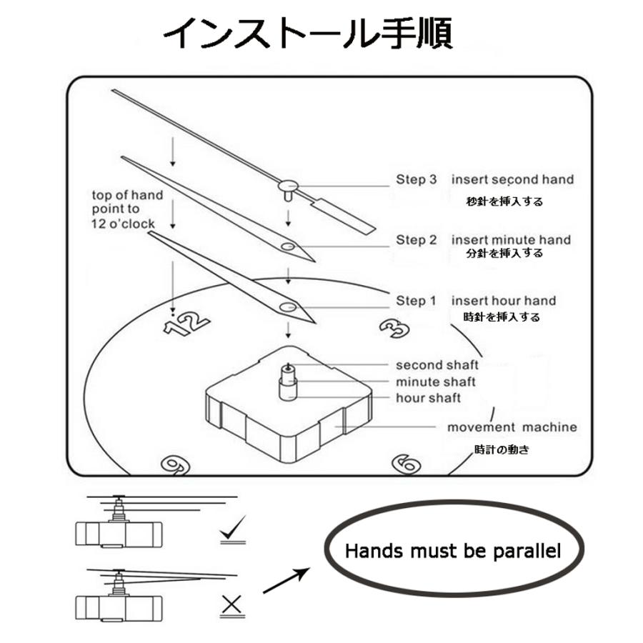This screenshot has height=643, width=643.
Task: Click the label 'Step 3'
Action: tap(416, 179)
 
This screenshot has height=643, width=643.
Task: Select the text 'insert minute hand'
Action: tap(511, 239)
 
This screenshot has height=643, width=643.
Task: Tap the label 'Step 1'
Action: tap(416, 301)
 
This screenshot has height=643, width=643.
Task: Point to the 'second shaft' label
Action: tap(437, 366)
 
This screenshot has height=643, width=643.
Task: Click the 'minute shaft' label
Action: tap(436, 382)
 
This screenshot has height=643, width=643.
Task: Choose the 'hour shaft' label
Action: tap(429, 398)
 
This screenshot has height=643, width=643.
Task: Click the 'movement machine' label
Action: tap(512, 427)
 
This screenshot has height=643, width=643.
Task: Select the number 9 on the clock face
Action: tap(174, 464)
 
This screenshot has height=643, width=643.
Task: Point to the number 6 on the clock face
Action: tap(407, 464)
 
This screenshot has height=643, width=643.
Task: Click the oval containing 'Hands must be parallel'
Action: tap(452, 551)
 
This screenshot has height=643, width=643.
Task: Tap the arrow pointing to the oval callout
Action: tap(286, 581)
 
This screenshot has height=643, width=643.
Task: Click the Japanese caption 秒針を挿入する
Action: tap(504, 201)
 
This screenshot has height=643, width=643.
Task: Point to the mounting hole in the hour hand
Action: tap(289, 306)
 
